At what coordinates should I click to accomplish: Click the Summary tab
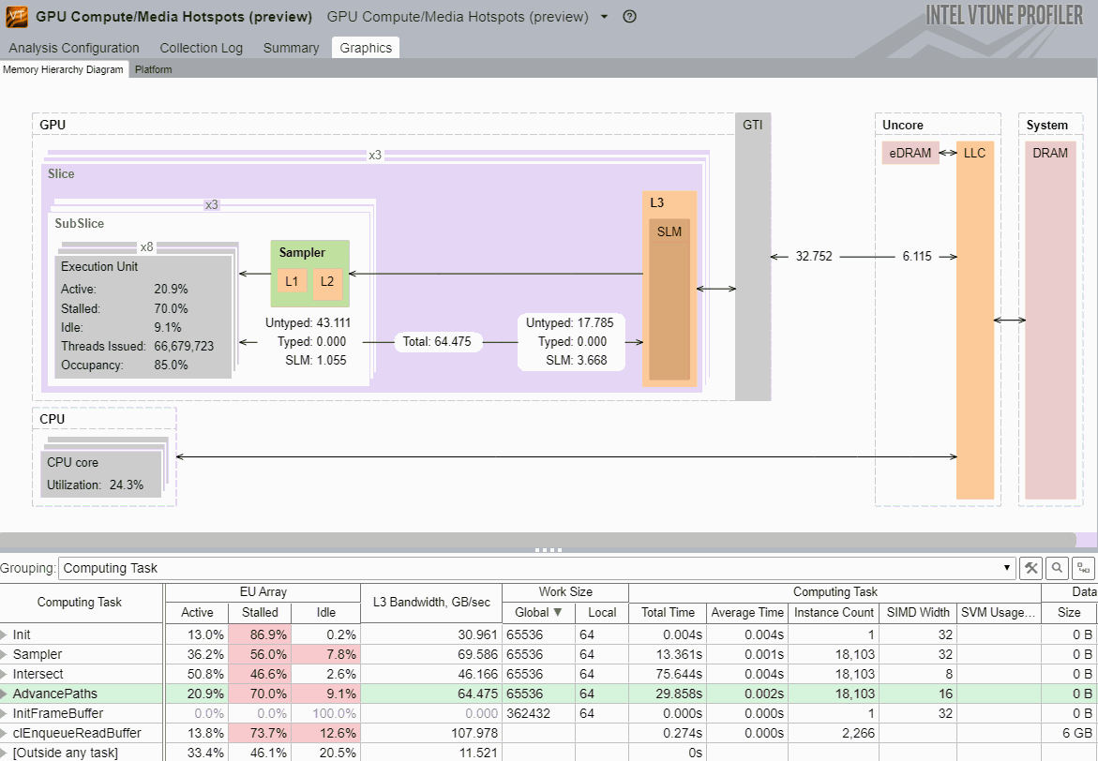(291, 48)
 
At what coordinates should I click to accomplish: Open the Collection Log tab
(201, 48)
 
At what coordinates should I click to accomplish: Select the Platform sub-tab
(153, 69)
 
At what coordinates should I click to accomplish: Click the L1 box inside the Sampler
(292, 281)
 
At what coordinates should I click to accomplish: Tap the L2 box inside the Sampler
(326, 281)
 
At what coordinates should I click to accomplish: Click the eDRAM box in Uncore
(910, 153)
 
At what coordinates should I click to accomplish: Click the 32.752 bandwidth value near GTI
(815, 256)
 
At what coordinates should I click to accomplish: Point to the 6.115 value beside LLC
(916, 256)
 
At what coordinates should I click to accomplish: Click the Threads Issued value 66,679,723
(184, 346)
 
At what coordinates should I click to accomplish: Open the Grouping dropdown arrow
(1008, 568)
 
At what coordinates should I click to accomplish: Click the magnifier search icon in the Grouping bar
(1057, 568)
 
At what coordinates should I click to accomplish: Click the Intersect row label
(38, 673)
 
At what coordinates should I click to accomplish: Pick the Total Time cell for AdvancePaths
(667, 694)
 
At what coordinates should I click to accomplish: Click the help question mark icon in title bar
(629, 17)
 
